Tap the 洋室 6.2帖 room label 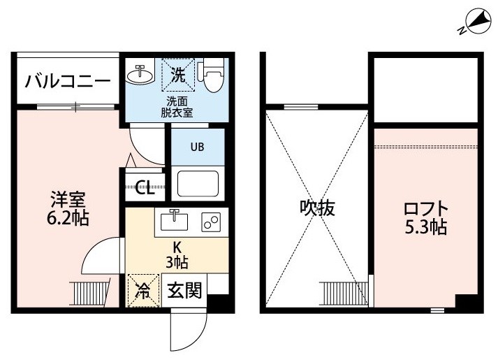[x=68, y=208]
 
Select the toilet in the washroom [x=211, y=75]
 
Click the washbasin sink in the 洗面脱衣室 [x=140, y=74]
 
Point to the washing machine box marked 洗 [x=178, y=75]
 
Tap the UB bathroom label [x=197, y=147]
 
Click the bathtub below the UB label [x=198, y=183]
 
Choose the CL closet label [x=145, y=188]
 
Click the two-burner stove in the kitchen [x=211, y=222]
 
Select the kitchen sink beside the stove [x=174, y=220]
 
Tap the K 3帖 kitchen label [x=177, y=255]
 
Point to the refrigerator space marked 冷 [x=143, y=291]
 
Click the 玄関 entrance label [x=184, y=290]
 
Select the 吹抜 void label [x=317, y=208]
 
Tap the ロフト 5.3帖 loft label [x=426, y=217]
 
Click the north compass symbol [x=475, y=22]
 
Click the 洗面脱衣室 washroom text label [x=177, y=107]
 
